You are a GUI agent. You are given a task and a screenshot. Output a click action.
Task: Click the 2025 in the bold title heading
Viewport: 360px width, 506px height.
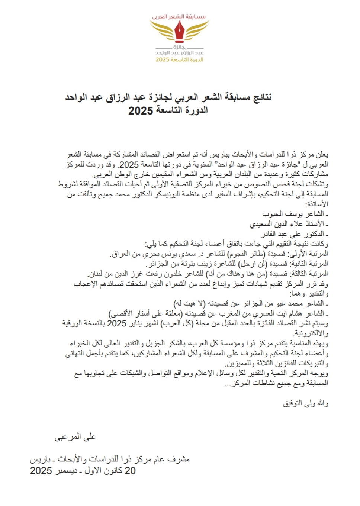point(141,110)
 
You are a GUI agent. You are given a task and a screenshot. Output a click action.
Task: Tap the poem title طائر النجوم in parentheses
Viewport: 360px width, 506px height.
point(246,254)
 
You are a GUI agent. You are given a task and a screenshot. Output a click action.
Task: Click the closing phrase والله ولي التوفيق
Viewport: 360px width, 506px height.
point(306,403)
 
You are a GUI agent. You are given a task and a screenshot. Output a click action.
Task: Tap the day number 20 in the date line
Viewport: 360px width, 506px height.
point(130,471)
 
